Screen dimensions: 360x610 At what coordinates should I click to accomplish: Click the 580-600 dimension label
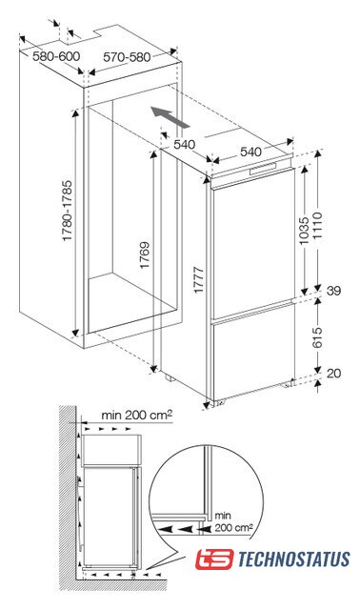(x=56, y=57)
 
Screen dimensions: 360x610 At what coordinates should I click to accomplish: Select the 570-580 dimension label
(x=127, y=57)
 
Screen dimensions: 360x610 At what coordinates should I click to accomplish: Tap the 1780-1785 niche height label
(x=68, y=211)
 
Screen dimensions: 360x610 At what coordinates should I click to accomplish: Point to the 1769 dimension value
(x=145, y=255)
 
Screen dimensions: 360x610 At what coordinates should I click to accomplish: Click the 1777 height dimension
(x=199, y=280)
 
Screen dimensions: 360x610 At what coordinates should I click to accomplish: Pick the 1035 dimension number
(x=304, y=231)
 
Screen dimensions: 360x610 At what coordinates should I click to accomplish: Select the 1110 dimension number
(x=318, y=226)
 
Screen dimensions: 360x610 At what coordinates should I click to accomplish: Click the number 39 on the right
(x=333, y=291)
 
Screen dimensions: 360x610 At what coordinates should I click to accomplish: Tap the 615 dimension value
(x=318, y=337)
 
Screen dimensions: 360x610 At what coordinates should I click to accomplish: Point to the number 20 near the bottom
(x=333, y=374)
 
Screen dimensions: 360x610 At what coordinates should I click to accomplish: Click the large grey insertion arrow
(x=170, y=117)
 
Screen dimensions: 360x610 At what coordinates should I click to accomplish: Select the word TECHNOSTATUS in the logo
(x=293, y=559)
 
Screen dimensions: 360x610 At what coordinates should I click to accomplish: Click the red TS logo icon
(x=214, y=559)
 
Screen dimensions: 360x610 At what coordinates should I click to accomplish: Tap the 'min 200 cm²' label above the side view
(x=136, y=415)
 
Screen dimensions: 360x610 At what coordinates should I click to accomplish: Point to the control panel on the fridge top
(x=264, y=169)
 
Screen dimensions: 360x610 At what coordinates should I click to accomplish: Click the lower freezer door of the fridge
(x=253, y=356)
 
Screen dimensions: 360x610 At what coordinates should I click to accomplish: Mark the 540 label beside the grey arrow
(x=184, y=145)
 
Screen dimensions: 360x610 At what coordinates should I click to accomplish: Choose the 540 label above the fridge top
(x=250, y=152)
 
